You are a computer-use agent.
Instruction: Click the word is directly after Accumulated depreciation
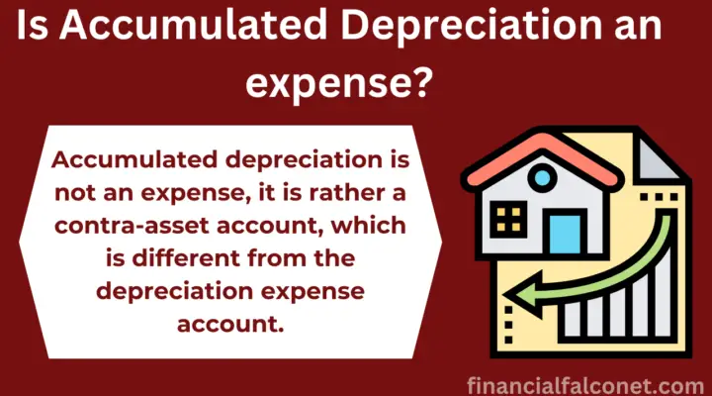tap(391, 160)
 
